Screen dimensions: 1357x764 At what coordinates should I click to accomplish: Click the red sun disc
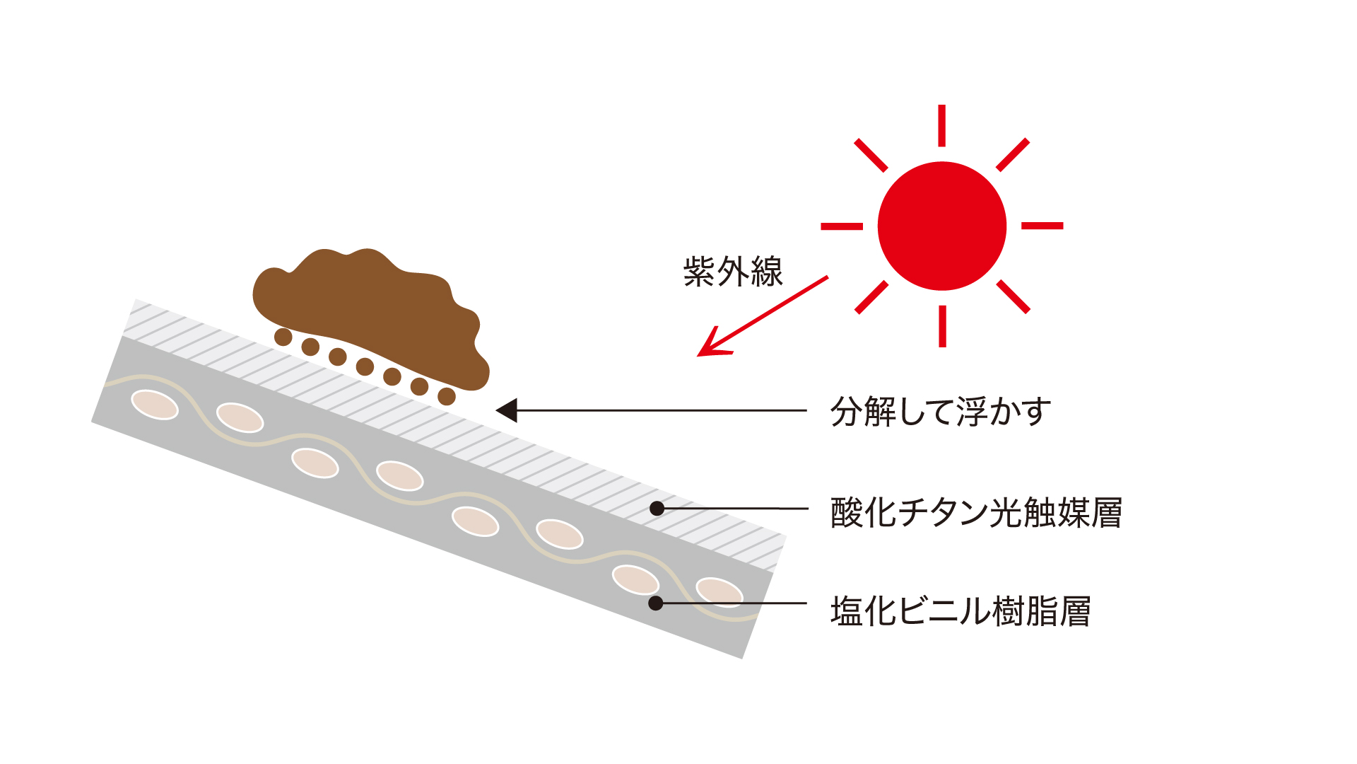coord(942,226)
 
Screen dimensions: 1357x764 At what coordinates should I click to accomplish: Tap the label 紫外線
coord(733,272)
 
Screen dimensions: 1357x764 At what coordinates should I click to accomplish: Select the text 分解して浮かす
coord(941,411)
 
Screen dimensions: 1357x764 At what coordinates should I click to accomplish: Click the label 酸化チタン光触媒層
coord(976,512)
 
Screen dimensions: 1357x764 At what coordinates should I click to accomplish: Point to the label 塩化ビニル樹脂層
coord(961,611)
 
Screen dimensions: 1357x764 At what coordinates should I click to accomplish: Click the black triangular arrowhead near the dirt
coord(506,410)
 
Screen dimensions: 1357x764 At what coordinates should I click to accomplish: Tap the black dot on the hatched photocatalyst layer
coord(657,508)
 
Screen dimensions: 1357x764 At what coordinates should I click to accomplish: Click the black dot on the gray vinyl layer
coord(656,603)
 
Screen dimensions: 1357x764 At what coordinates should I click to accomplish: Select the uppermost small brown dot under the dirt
coord(283,337)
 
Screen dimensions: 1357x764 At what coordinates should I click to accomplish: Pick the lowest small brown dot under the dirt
coord(447,396)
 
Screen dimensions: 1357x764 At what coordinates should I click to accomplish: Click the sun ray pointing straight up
coord(942,126)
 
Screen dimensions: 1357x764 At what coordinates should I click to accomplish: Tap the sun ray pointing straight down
coord(942,326)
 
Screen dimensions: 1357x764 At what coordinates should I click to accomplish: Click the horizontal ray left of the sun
coord(842,226)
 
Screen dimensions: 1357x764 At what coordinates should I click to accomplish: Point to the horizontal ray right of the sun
coord(1042,226)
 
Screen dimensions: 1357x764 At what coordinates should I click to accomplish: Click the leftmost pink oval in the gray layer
coord(155,405)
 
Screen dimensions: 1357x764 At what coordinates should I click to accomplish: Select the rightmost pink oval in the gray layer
coord(719,592)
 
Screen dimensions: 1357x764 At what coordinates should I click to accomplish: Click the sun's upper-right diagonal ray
coord(1013,155)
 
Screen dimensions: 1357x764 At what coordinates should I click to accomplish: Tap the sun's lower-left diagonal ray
coord(871,297)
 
